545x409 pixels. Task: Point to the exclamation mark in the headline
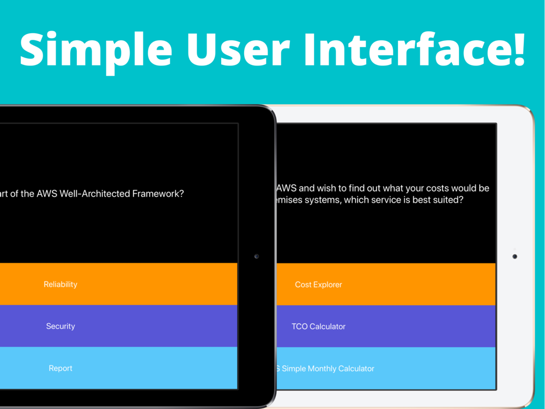point(519,49)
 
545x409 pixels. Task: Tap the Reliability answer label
point(60,285)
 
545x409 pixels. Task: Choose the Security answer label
point(60,326)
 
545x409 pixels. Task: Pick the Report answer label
point(60,368)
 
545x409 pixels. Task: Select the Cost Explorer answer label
point(318,285)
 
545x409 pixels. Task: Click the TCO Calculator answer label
point(318,327)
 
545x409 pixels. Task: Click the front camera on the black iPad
point(257,256)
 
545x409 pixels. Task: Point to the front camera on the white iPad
point(515,257)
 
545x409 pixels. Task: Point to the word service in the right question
point(384,200)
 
